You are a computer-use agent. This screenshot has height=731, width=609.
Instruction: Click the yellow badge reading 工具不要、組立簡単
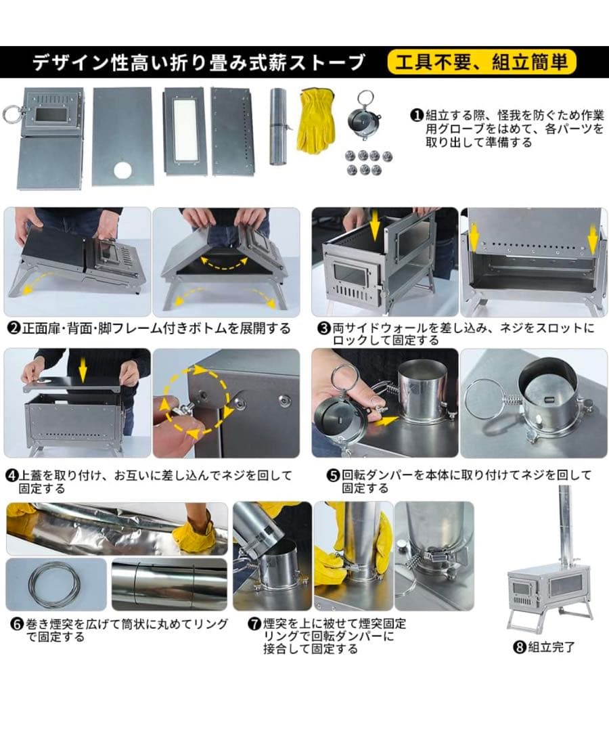coord(482,63)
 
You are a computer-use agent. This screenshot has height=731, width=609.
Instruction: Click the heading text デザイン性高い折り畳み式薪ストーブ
coord(199,63)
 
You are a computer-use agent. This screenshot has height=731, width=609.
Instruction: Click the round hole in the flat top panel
coord(122,169)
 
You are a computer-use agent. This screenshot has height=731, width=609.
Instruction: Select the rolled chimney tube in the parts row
coord(279,125)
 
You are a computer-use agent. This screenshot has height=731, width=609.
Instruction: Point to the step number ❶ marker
coord(417,115)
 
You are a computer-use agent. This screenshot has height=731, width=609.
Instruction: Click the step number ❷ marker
coord(13,328)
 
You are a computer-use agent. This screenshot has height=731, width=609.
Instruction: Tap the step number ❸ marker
coord(323,328)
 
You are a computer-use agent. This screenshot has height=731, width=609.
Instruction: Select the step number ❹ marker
coord(13,476)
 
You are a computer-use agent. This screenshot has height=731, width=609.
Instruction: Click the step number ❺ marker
coord(333,475)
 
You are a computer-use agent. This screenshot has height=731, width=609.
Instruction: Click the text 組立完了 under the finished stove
coord(551,647)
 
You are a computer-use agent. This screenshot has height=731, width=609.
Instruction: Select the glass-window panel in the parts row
coord(184,131)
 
